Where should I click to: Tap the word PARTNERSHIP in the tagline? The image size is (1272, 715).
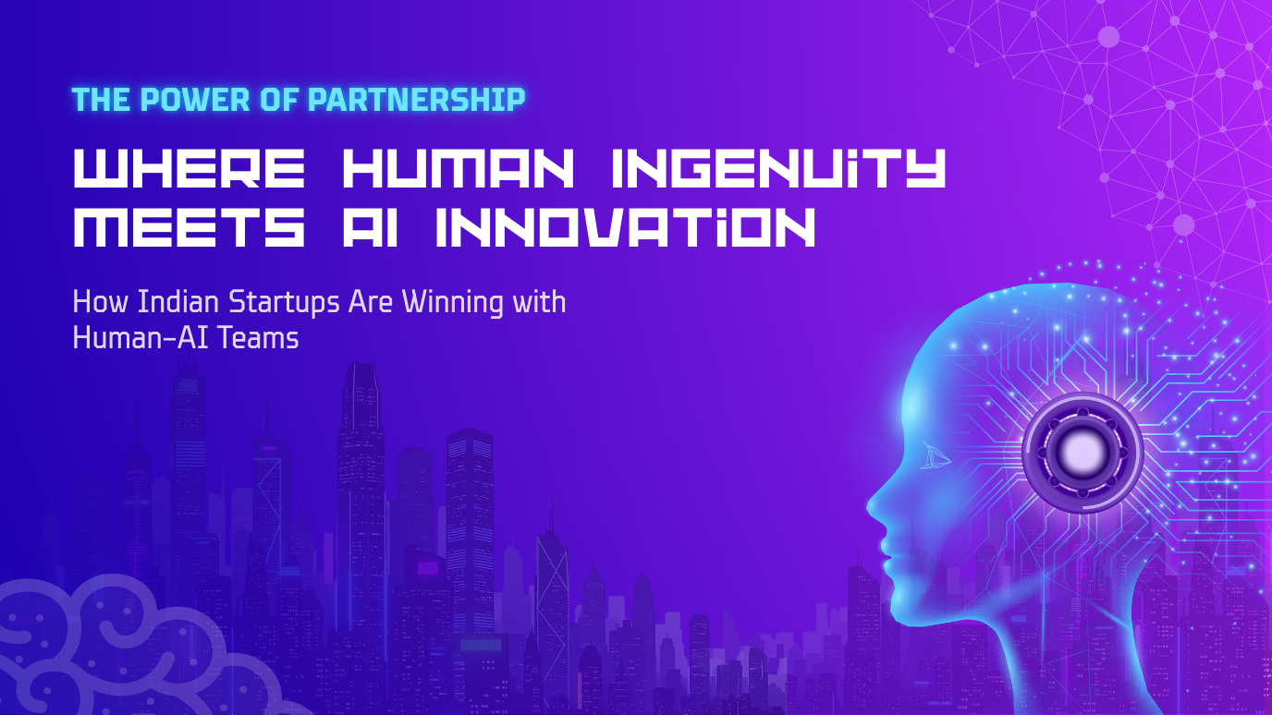tap(416, 100)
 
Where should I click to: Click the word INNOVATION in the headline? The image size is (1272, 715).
tap(626, 227)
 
